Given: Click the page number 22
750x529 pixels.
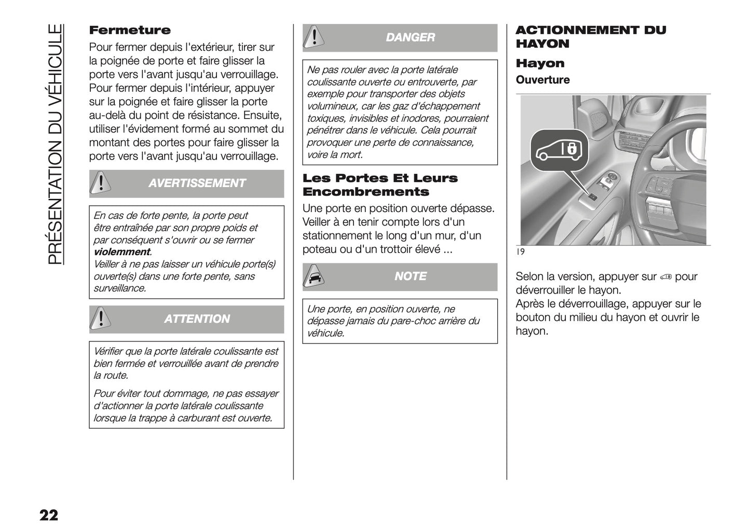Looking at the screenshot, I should tap(48, 515).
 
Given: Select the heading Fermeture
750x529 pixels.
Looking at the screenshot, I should tap(130, 30).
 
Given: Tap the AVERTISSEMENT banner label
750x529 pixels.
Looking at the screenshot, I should tap(197, 183).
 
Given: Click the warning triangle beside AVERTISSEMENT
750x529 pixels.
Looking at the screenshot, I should tap(101, 183).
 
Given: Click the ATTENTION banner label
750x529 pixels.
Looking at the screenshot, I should tap(197, 319).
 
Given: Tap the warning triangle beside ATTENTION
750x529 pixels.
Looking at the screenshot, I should tap(101, 319).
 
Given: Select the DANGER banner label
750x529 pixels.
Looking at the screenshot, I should tap(410, 37).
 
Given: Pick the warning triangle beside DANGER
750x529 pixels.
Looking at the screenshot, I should tap(313, 37).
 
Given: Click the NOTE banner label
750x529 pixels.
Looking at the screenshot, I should tap(410, 276).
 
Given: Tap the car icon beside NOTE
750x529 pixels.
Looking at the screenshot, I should tap(313, 276).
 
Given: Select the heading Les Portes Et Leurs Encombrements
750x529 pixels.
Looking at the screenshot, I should tap(380, 185).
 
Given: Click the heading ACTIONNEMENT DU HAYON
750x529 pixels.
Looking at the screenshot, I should tap(590, 37).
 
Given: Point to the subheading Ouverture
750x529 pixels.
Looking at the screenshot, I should tap(542, 80).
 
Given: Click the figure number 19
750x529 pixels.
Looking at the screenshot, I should tap(521, 252).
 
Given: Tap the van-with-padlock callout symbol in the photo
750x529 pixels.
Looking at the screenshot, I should tap(559, 150).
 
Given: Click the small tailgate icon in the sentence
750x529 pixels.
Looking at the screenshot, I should tap(666, 277).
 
